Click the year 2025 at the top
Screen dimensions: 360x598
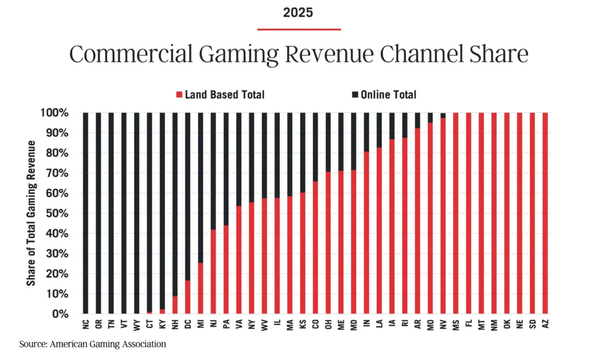(299, 12)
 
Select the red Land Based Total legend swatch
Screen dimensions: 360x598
(179, 95)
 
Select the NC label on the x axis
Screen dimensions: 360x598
(86, 323)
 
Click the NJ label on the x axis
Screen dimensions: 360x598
(213, 323)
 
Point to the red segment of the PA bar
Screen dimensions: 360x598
(226, 269)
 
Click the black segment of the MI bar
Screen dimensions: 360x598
(200, 187)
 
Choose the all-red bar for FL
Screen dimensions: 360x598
(469, 213)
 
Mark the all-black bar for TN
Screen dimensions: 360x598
(112, 213)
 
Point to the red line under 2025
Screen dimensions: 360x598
(299, 29)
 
